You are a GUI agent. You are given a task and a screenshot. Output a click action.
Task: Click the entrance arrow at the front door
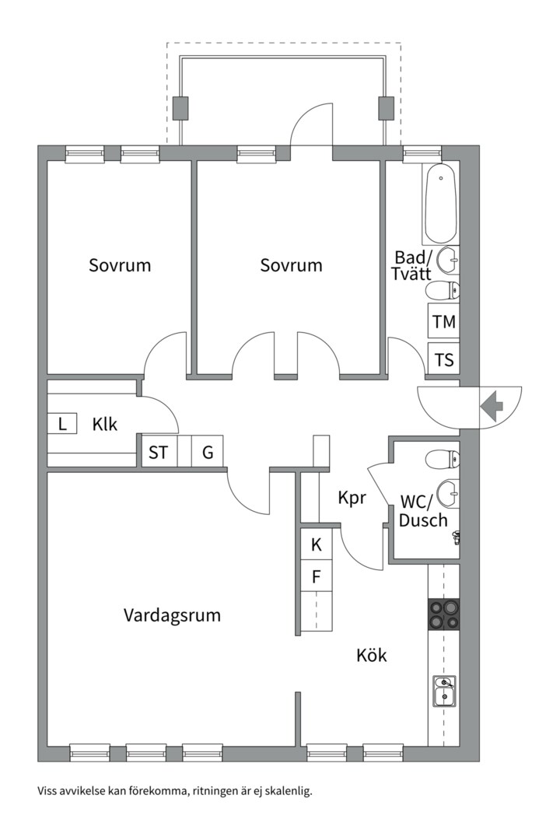pos(492,405)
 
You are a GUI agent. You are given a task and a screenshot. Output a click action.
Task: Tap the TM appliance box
pos(444,321)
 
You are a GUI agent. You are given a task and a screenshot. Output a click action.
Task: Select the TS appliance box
pos(444,360)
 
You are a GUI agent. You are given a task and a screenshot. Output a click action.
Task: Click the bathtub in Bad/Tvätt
pos(441,203)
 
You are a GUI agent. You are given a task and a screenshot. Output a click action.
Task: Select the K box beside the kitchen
pos(317,544)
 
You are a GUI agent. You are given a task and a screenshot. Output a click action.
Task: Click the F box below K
pos(317,576)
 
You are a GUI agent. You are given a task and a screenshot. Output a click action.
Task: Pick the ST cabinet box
pos(158,452)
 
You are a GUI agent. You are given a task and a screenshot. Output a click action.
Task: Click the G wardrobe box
pos(208,452)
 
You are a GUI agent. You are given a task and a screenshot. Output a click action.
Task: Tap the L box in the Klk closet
pos(62,424)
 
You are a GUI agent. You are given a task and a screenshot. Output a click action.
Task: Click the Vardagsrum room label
pos(172,615)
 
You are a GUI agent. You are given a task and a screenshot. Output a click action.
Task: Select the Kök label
pos(372,656)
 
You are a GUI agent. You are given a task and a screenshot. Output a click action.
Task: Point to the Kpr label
pos(352,498)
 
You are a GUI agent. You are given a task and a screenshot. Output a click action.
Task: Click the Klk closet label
pos(105,425)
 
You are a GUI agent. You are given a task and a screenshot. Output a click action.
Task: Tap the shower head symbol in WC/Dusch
pos(456,536)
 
